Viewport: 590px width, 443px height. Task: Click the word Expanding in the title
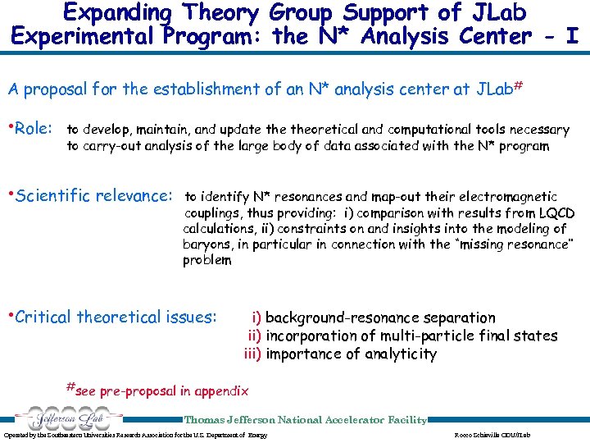point(119,13)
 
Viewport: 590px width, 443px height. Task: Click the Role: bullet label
point(33,129)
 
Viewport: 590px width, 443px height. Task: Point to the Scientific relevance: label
point(94,196)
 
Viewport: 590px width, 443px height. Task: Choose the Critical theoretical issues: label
point(116,317)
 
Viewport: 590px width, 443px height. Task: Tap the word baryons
point(209,244)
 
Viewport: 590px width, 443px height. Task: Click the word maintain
point(165,130)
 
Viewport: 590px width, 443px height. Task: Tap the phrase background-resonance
point(340,317)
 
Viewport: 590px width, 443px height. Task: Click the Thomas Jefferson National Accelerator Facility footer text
point(305,420)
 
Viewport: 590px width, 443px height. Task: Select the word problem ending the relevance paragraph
point(207,260)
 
